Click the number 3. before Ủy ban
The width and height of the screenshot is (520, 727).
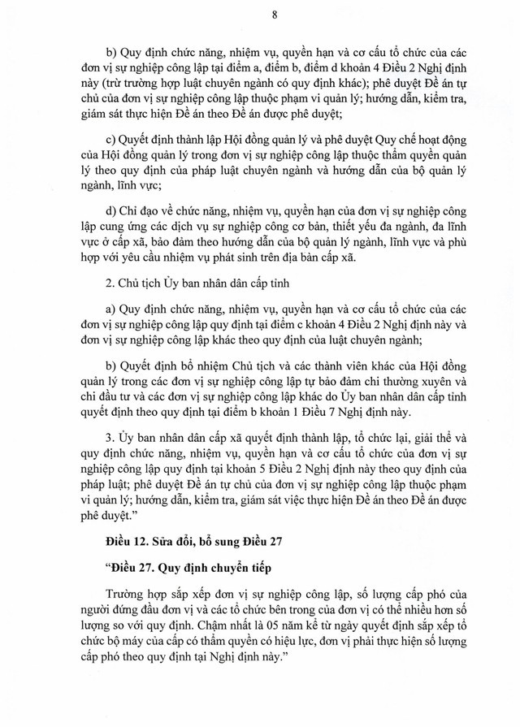coord(110,435)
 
